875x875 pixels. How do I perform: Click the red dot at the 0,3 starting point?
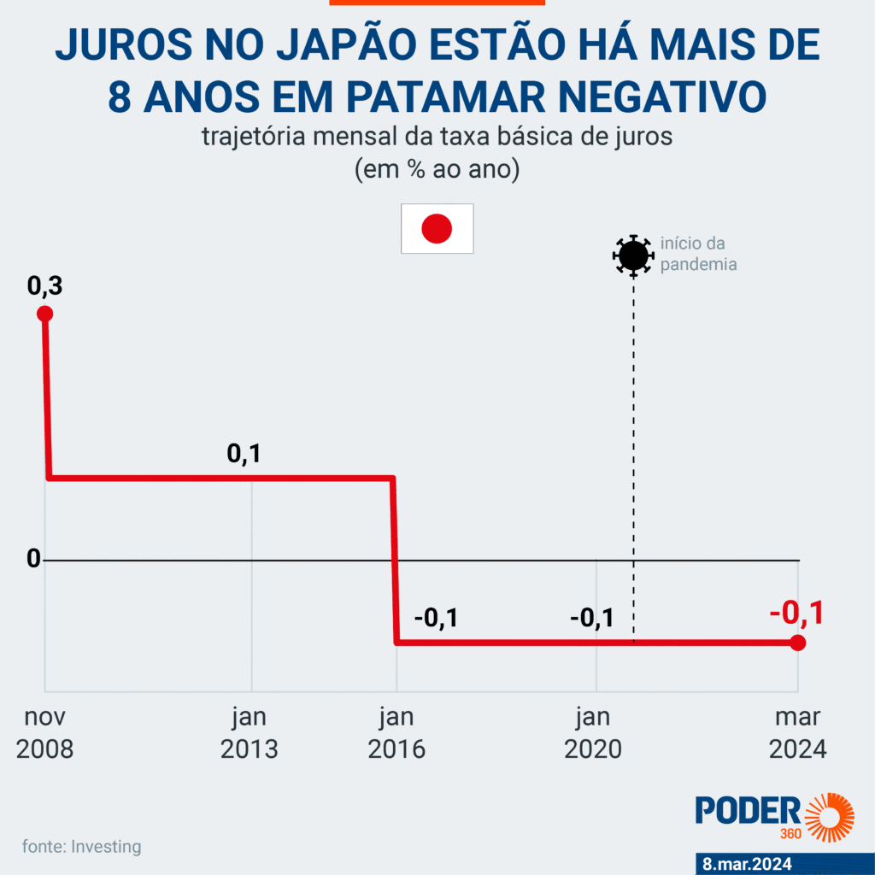point(44,314)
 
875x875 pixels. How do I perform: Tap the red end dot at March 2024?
point(797,643)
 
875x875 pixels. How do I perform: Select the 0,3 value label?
point(44,287)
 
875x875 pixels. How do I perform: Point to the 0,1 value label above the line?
point(244,454)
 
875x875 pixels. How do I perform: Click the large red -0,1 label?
point(796,614)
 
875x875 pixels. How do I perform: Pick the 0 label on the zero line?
point(33,559)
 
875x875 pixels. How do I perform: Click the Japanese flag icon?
point(437,229)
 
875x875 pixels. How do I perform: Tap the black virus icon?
point(632,255)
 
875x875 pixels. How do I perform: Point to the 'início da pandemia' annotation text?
point(698,254)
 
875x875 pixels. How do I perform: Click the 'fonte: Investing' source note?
point(82,847)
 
